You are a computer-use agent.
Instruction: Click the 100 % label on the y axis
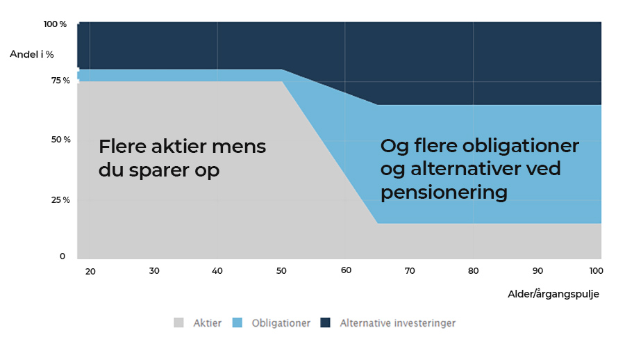(55, 24)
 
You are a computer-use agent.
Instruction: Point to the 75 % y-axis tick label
(60, 81)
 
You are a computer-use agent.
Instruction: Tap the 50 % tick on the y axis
(61, 140)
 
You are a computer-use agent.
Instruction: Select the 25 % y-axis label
(60, 200)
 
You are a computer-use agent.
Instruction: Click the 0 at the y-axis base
(62, 256)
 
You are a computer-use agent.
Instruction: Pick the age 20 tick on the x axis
(90, 272)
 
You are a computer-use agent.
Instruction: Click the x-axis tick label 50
(281, 271)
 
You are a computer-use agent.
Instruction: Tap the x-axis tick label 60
(346, 270)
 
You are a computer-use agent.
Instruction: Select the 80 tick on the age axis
(473, 271)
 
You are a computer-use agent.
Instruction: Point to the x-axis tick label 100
(597, 271)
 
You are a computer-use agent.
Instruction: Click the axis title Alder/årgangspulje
(553, 294)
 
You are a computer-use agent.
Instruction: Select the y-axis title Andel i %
(32, 54)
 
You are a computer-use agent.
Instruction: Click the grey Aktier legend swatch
(179, 322)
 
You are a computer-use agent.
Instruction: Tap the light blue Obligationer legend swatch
(237, 322)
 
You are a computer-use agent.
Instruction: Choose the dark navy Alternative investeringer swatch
(325, 322)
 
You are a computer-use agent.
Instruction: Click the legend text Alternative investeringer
(397, 323)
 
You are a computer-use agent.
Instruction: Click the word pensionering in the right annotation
(444, 193)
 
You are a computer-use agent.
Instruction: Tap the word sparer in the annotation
(159, 171)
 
